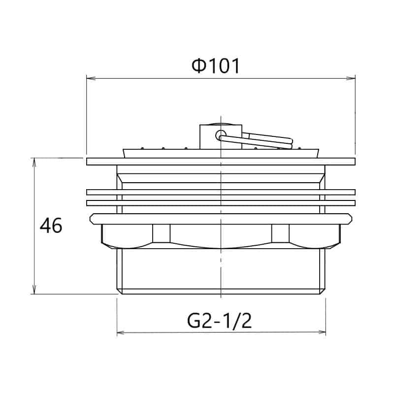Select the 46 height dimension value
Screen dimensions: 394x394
tap(51, 226)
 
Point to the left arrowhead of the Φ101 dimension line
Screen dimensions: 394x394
tap(90, 78)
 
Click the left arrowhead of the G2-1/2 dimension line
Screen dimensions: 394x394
tap(120, 332)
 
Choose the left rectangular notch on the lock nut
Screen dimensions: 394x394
tap(161, 233)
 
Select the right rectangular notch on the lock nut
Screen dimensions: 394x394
tap(280, 233)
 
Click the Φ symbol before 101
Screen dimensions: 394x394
tap(198, 66)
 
